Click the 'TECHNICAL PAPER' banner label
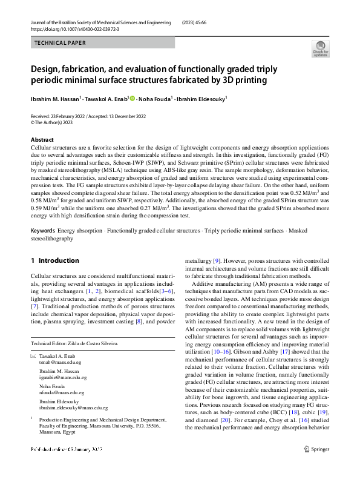pos(60,43)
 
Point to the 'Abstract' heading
pos(42,139)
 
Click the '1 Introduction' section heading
pos(54,260)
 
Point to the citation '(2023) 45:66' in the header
pos(199,21)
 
